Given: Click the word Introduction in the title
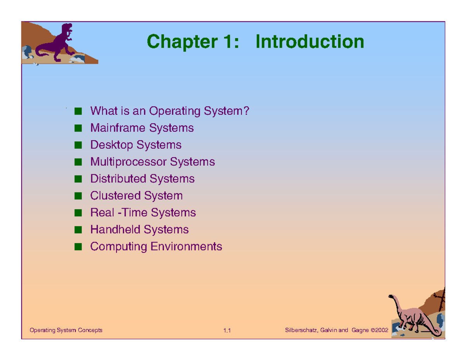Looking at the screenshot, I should (x=310, y=42).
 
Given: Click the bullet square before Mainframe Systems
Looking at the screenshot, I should (x=78, y=128).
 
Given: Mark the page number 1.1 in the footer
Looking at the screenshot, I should (x=227, y=330).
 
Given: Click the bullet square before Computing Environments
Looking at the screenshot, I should (x=78, y=247).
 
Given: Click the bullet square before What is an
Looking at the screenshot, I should (x=78, y=111).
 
